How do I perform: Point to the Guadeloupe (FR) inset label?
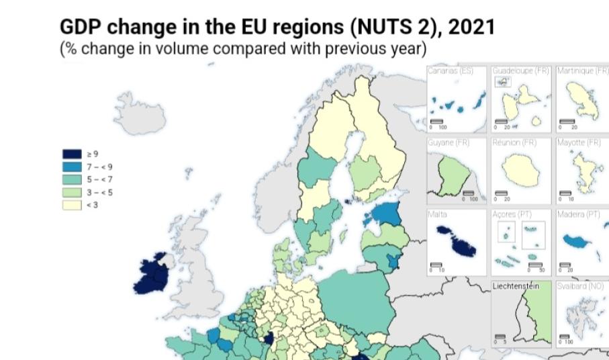point(520,71)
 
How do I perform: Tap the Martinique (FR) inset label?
point(581,71)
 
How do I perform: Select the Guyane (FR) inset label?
point(448,142)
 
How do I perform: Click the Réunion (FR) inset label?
point(514,142)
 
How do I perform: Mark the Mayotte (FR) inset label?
point(579,142)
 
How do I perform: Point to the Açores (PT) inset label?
point(513,214)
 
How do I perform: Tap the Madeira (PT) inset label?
point(578,214)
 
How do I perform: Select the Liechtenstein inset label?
point(516,286)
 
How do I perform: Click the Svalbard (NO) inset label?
point(580,286)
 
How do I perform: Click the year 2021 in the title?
point(471,28)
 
